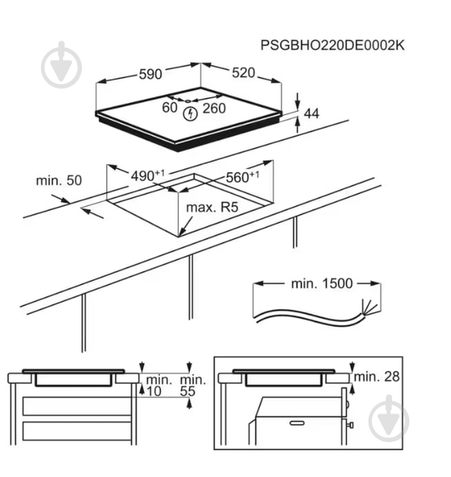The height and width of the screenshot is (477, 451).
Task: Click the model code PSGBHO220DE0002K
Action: click(x=333, y=45)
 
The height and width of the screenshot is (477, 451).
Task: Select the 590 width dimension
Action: click(x=150, y=74)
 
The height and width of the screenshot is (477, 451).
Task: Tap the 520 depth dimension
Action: click(x=243, y=73)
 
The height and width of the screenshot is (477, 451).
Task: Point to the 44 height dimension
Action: click(x=312, y=114)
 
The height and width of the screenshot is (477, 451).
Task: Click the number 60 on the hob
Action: click(x=170, y=108)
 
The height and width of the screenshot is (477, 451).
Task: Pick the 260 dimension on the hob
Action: click(x=214, y=108)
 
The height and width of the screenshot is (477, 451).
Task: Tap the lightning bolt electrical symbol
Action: click(x=190, y=114)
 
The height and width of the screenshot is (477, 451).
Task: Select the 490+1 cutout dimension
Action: click(x=148, y=176)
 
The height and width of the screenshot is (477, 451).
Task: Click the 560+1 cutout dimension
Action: click(x=243, y=177)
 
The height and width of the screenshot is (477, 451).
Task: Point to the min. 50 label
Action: click(x=59, y=181)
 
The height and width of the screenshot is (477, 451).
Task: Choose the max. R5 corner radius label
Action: click(x=212, y=207)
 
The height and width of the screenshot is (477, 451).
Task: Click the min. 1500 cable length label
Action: click(x=322, y=283)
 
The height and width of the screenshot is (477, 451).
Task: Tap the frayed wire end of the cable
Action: click(x=368, y=307)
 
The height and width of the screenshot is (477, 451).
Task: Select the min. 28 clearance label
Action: click(x=377, y=376)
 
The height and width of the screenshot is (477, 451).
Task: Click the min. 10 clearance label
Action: click(x=159, y=385)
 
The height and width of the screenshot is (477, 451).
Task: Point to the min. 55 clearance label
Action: click(x=193, y=385)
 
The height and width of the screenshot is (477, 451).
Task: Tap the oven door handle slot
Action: click(x=296, y=423)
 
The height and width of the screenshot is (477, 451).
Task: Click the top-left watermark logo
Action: click(x=61, y=64)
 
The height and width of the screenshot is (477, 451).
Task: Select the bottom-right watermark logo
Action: click(x=389, y=418)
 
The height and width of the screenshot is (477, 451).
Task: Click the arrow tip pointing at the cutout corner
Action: click(x=180, y=235)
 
